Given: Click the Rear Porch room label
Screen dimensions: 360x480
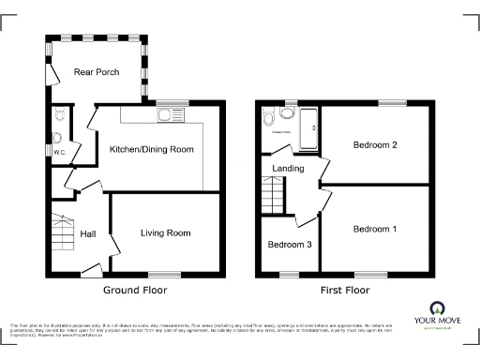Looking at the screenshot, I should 96,71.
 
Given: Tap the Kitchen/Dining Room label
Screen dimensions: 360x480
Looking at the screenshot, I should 152,149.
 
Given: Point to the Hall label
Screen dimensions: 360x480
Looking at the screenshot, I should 88,233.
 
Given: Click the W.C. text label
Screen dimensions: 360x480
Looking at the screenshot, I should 59,152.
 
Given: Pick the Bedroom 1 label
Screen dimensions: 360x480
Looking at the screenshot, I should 375,229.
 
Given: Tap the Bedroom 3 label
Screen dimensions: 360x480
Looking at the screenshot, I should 290,245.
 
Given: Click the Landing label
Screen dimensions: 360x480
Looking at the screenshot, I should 287,169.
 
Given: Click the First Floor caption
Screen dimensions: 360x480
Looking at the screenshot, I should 344,290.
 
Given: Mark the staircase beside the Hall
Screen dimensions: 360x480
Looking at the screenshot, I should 62,236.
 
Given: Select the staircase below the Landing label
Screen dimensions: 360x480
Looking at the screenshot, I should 273,198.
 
